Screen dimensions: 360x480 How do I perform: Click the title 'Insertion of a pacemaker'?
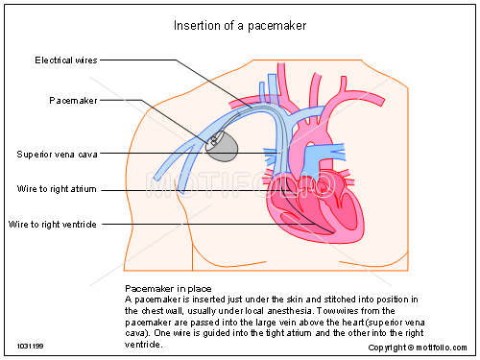pyautogui.click(x=239, y=26)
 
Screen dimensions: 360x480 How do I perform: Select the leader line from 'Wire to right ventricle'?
pyautogui.click(x=192, y=224)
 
